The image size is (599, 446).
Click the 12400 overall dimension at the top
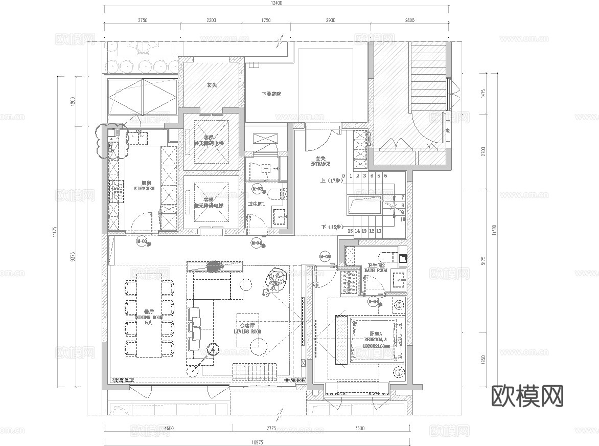click(277, 3)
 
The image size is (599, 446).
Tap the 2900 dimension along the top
click(330, 20)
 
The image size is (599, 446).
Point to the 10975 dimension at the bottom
click(257, 441)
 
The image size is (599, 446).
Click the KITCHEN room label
click(147, 188)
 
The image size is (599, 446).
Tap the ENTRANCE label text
click(320, 164)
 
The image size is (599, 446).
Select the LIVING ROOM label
click(247, 331)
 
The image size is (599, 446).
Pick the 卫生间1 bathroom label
click(256, 204)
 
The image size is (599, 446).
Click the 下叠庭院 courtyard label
click(271, 94)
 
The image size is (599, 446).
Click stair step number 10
click(402, 219)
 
